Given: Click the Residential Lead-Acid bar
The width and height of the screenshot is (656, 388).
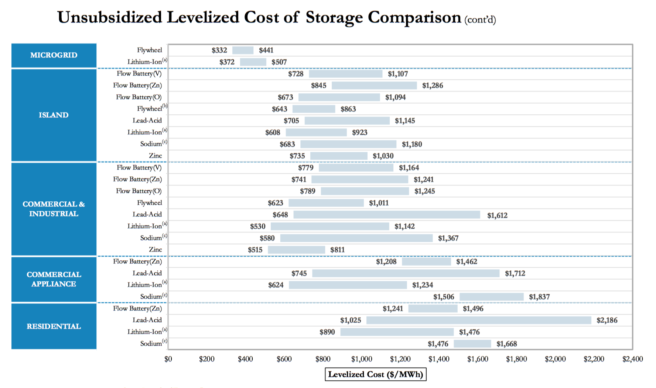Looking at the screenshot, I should (x=479, y=320).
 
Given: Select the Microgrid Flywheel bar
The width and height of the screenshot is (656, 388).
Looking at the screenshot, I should (x=243, y=50).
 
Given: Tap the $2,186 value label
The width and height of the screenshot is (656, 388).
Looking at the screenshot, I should (x=607, y=320).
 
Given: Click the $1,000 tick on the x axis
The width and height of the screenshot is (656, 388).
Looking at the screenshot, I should (x=362, y=359).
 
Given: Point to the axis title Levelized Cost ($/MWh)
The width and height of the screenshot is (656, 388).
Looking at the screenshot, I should (x=375, y=374).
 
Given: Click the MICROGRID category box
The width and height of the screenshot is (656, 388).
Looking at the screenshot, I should (x=54, y=55).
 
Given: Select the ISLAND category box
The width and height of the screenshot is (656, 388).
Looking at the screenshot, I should (x=54, y=115).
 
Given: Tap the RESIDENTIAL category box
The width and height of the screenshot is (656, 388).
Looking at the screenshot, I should (x=54, y=326).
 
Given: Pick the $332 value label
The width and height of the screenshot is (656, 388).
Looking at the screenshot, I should (x=219, y=50).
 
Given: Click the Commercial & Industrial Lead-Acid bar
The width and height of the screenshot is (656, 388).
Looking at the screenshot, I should (x=387, y=215).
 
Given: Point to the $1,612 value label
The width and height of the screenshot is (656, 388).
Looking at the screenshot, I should (x=497, y=215).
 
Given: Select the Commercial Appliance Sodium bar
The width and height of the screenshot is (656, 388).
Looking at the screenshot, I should (x=492, y=297).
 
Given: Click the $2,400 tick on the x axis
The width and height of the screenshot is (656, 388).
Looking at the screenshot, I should (x=632, y=359).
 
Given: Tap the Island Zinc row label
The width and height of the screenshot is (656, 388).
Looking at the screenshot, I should (x=156, y=156).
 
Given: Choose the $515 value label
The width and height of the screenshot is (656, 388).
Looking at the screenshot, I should (x=255, y=250).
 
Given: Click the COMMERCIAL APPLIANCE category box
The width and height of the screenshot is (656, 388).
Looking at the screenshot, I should (x=54, y=279).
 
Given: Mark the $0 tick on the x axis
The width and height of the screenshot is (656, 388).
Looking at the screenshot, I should (x=168, y=359).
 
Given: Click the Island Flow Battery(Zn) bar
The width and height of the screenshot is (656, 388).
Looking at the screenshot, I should (x=374, y=86).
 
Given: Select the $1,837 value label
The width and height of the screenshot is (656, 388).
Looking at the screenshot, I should (x=539, y=297).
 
